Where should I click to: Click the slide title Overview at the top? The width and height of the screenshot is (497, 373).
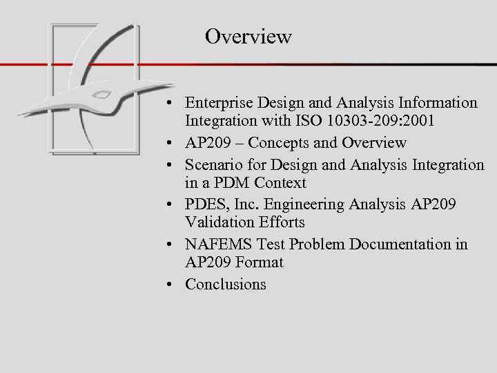coord(248,36)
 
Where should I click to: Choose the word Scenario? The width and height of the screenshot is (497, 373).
coord(213,164)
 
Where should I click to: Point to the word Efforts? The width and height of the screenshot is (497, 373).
coord(280,223)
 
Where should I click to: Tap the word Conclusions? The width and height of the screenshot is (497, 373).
coord(225,285)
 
